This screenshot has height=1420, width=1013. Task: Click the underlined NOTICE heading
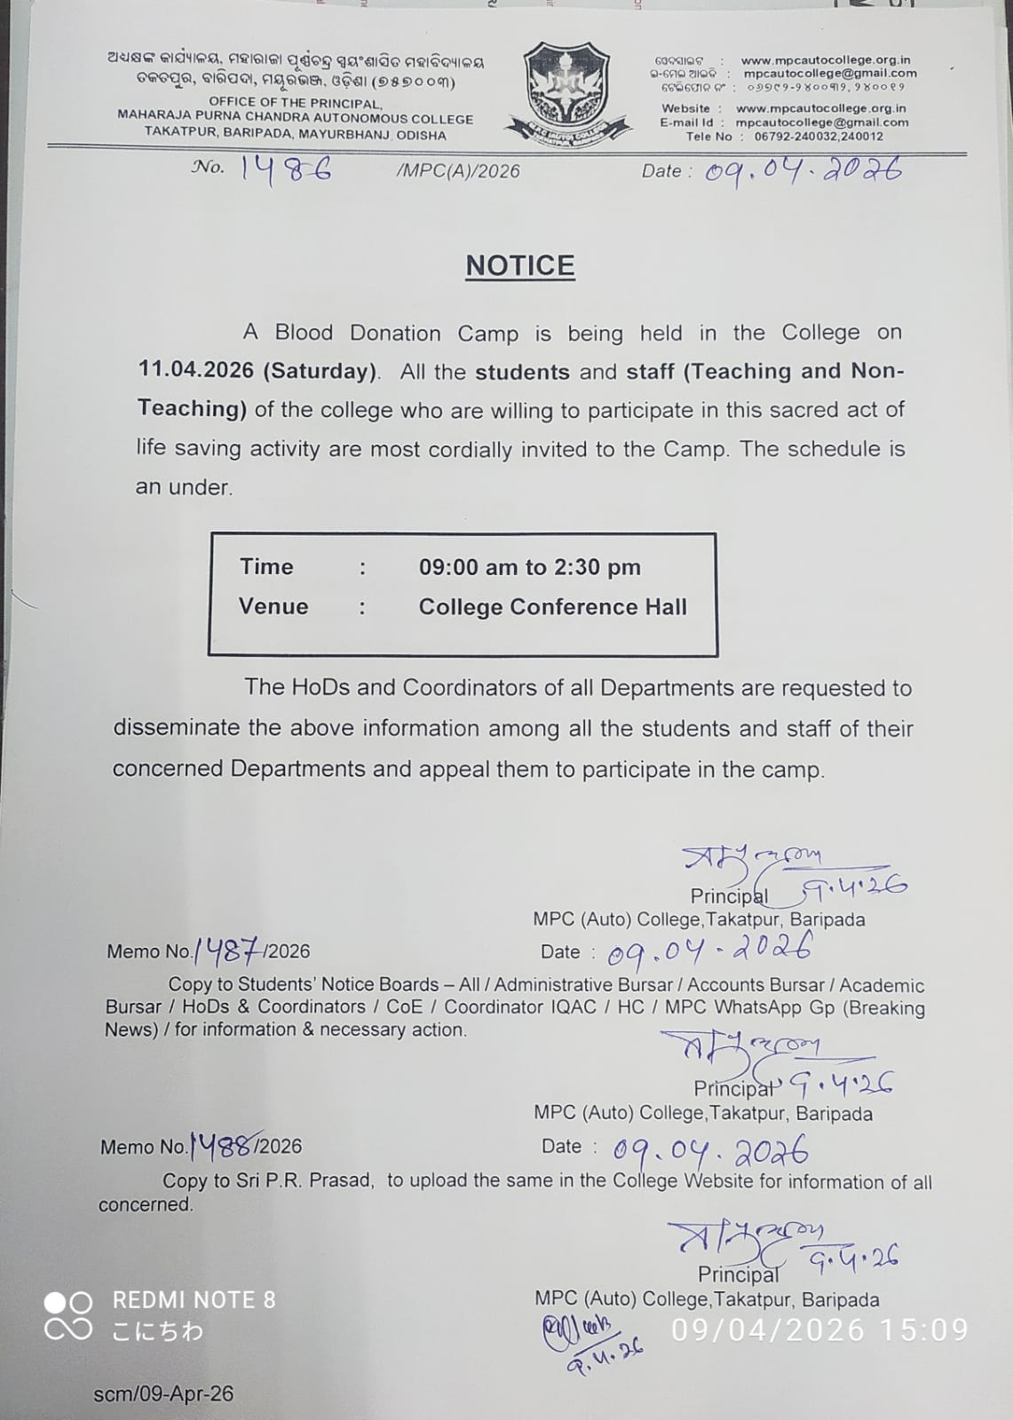(520, 265)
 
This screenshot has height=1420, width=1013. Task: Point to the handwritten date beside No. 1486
(803, 168)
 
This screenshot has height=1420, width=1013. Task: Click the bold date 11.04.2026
(195, 370)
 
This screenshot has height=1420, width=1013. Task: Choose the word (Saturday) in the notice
(320, 370)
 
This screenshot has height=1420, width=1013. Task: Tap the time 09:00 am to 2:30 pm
(529, 567)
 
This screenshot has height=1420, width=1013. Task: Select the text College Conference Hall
(552, 607)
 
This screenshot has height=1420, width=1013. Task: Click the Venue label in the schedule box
(273, 606)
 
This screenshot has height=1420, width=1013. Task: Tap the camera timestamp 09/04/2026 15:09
(819, 1329)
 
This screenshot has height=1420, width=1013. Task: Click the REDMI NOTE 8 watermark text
(194, 1300)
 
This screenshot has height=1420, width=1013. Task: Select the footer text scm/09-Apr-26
(163, 1394)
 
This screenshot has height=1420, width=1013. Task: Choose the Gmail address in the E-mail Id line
(822, 122)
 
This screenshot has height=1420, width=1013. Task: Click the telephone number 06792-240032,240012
(819, 137)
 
